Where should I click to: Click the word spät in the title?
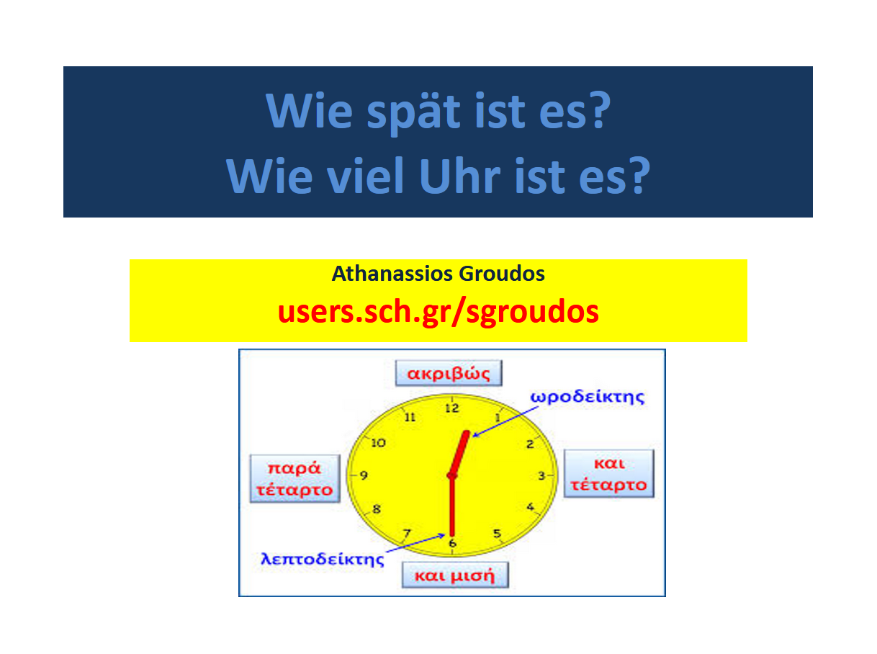click(x=413, y=112)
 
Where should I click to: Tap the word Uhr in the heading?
click(x=459, y=176)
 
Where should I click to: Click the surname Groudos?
click(x=501, y=274)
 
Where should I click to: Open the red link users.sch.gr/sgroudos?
click(x=438, y=313)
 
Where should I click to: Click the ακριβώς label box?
click(x=449, y=373)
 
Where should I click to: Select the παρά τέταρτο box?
click(x=295, y=478)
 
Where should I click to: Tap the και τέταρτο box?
click(x=608, y=473)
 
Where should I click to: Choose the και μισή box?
click(x=454, y=575)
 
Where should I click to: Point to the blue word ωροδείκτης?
click(x=587, y=398)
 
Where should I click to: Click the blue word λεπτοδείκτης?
click(x=322, y=560)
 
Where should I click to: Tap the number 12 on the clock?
click(x=452, y=408)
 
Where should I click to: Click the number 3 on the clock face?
click(x=541, y=476)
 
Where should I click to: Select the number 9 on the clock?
click(x=364, y=475)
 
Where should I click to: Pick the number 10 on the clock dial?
click(x=378, y=443)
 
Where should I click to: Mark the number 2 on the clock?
click(x=530, y=444)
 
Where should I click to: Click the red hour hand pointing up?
click(x=459, y=452)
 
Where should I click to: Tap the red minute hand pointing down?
click(x=452, y=506)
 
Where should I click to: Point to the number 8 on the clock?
click(x=377, y=509)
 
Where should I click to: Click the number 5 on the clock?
click(x=497, y=533)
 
